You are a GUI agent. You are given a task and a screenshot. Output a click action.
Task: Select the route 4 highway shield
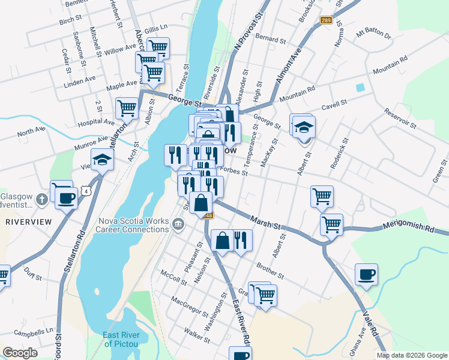tap(88, 191)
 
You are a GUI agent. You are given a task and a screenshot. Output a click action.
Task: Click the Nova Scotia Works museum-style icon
tap(178, 224)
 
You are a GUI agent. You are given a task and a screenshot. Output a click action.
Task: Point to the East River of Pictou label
tap(121, 339)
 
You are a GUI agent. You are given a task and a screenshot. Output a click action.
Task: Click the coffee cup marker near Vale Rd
tap(366, 275)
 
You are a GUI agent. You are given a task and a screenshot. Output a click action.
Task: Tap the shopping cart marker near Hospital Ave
tap(127, 109)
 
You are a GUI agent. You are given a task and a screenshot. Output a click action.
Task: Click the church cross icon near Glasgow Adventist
tap(42, 199)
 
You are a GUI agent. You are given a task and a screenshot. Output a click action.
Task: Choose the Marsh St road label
tap(266, 223)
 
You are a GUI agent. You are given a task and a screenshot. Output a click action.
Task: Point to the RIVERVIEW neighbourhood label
tap(25, 221)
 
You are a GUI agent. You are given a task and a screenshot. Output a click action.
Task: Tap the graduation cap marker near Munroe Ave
tap(103, 160)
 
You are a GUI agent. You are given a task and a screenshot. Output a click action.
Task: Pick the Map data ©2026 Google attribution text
tap(412, 355)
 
